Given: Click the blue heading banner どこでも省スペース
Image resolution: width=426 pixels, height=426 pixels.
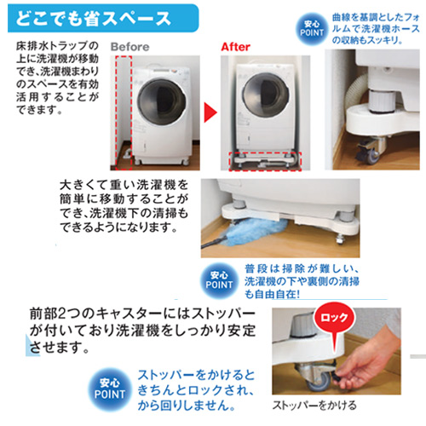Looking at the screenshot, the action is (x=103, y=18).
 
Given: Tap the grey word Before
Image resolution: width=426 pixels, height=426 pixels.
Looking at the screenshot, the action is (x=130, y=47).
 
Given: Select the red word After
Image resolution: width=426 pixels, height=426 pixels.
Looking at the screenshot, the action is (x=236, y=47).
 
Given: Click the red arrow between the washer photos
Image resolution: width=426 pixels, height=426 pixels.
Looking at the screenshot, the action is (x=210, y=112).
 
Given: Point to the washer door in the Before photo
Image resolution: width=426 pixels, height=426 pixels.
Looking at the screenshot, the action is (x=162, y=102).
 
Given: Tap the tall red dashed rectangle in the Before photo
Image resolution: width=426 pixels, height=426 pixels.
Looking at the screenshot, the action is (x=124, y=112).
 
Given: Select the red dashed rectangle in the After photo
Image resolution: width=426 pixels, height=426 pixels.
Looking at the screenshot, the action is (x=265, y=161).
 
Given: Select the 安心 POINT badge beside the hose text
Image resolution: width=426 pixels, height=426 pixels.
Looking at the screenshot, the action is (x=312, y=29).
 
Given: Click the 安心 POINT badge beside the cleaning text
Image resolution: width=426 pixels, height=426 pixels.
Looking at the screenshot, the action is (x=219, y=280).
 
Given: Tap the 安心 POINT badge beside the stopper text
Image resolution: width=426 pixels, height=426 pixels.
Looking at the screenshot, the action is (x=109, y=389).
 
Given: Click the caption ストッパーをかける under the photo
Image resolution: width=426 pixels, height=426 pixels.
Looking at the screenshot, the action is (x=314, y=405).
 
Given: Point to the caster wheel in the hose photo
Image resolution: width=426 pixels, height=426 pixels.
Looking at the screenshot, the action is (x=372, y=153).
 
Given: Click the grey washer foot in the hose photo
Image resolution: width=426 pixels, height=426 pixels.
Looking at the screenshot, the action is (x=381, y=101).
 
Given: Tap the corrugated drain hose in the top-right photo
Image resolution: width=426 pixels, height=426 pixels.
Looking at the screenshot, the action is (x=356, y=91).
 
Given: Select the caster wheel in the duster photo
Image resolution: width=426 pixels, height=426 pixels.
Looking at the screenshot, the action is (x=340, y=240).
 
